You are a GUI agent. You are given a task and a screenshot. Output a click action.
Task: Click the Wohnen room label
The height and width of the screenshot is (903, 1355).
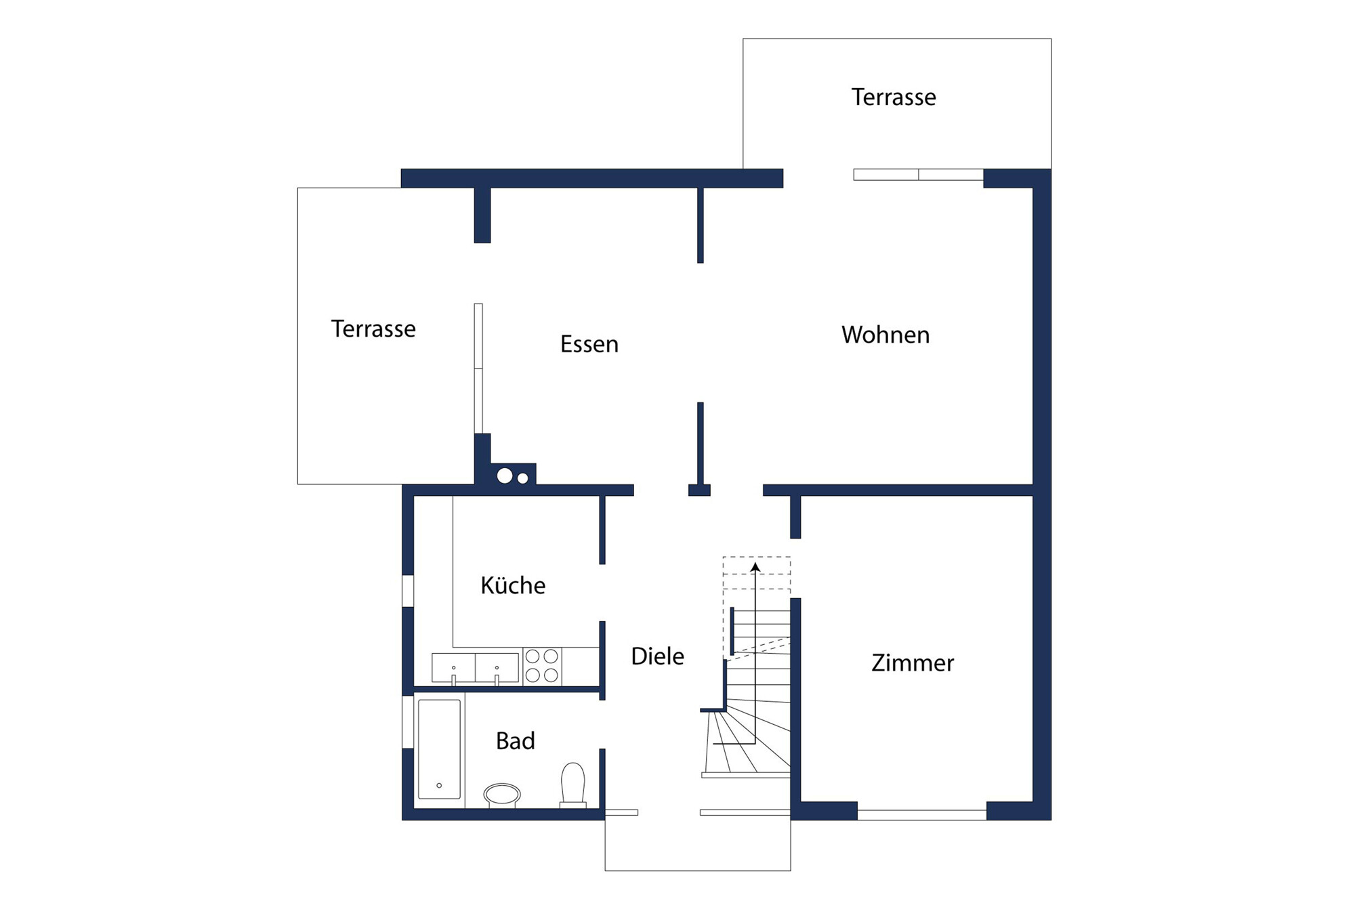885,335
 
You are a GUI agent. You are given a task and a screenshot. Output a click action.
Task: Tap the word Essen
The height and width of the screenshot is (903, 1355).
589,344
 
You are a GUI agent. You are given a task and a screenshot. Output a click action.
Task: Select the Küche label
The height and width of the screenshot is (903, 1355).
513,585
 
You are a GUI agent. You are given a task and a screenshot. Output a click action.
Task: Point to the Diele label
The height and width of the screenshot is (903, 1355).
657,656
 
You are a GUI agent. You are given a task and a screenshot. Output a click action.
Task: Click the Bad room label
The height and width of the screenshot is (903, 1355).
516,741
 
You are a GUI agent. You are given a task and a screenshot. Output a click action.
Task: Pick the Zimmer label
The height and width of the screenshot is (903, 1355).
913,663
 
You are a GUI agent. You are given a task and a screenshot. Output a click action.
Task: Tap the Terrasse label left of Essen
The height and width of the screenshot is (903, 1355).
373,329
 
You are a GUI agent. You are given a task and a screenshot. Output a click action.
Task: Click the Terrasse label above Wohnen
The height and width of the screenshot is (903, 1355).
894,97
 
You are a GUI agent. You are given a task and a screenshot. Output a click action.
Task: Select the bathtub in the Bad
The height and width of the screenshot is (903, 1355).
440,749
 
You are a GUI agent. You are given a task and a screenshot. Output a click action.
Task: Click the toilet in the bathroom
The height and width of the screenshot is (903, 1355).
573,785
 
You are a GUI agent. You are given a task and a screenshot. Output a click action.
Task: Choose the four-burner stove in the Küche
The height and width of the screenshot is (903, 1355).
542,666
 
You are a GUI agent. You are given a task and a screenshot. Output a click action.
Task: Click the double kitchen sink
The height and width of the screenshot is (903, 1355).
475,668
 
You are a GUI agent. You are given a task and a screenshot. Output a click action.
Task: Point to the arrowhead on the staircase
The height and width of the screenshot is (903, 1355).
755,567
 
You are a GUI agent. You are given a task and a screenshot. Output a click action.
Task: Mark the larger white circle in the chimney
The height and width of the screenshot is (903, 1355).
505,476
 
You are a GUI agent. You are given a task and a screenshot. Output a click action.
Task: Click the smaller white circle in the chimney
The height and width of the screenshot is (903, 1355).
523,478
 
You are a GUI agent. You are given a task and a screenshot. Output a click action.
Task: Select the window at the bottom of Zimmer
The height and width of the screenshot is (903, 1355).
921,815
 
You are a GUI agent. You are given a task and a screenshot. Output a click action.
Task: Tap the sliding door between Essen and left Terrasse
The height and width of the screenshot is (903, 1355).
478,369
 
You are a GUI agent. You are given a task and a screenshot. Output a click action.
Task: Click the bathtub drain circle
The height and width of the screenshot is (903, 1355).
439,786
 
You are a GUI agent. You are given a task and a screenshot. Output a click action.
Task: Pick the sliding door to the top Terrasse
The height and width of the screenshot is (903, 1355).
918,175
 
